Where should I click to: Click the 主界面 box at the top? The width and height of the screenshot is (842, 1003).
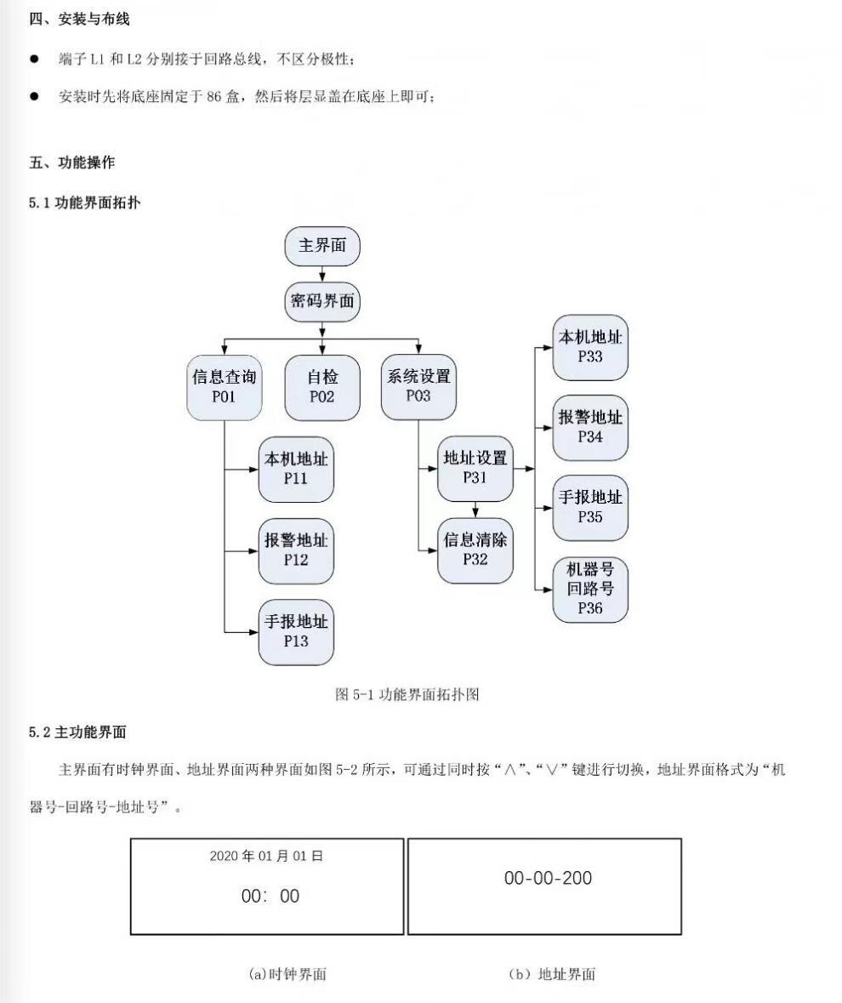pos(321,247)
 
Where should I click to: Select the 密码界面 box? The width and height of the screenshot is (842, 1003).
pos(321,300)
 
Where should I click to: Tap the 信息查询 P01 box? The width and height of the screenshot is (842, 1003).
pos(225,386)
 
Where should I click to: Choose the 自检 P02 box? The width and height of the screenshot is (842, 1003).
pos(322,386)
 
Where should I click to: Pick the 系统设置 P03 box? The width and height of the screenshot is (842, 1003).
pos(418,386)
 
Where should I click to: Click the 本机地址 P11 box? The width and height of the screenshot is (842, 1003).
pos(296,469)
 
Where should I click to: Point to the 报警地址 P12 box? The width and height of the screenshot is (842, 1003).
pos(296,550)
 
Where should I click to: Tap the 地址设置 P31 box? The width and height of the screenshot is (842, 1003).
pos(475,468)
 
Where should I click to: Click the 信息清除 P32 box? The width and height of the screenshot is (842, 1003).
pos(475,550)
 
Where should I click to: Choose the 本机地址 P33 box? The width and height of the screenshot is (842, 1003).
pos(590,347)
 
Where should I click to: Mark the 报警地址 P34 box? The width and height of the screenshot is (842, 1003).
pos(590,428)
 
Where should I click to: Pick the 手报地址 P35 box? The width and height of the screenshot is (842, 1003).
pos(590,507)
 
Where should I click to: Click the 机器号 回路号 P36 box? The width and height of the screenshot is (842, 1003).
pos(590,589)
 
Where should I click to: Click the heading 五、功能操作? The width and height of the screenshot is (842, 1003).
pos(72,162)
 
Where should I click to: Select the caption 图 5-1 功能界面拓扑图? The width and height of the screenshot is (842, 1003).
pos(408,694)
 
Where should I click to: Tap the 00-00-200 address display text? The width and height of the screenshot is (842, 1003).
pos(548,878)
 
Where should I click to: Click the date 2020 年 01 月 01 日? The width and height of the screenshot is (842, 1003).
pos(266,856)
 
